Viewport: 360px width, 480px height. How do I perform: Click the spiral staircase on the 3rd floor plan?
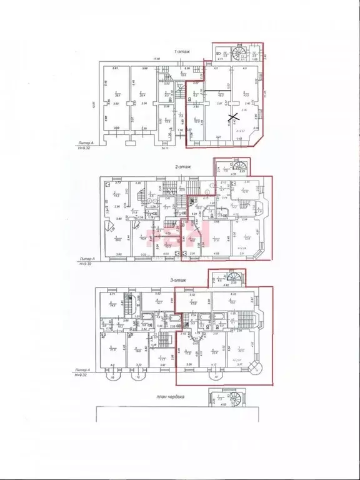point(235,278)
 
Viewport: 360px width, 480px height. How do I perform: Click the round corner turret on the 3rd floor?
point(256,367)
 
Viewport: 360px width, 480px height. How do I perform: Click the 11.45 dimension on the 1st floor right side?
point(266,94)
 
